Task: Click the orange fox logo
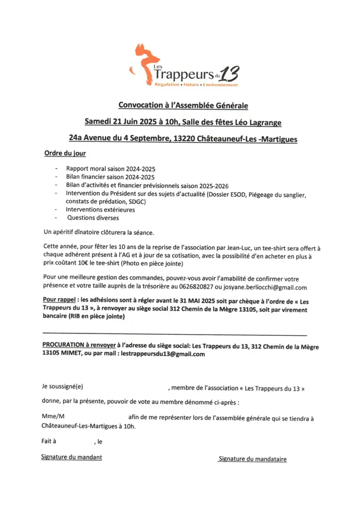tap(144, 60)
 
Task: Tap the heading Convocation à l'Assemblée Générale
tap(183, 106)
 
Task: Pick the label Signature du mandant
tap(71, 457)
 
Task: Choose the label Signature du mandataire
tap(251, 459)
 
